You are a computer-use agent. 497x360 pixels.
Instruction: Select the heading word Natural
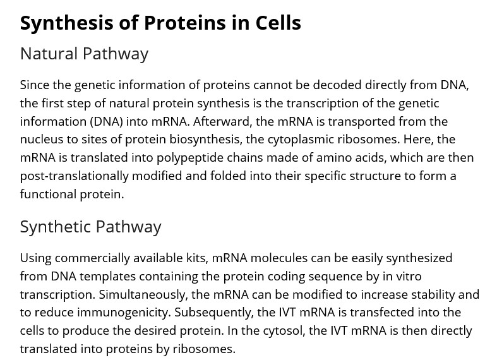coord(49,53)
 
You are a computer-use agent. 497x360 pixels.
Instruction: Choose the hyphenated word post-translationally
coord(74,176)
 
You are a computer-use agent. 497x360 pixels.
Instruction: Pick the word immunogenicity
coord(124,313)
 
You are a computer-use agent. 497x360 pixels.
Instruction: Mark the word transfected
coord(382,313)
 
